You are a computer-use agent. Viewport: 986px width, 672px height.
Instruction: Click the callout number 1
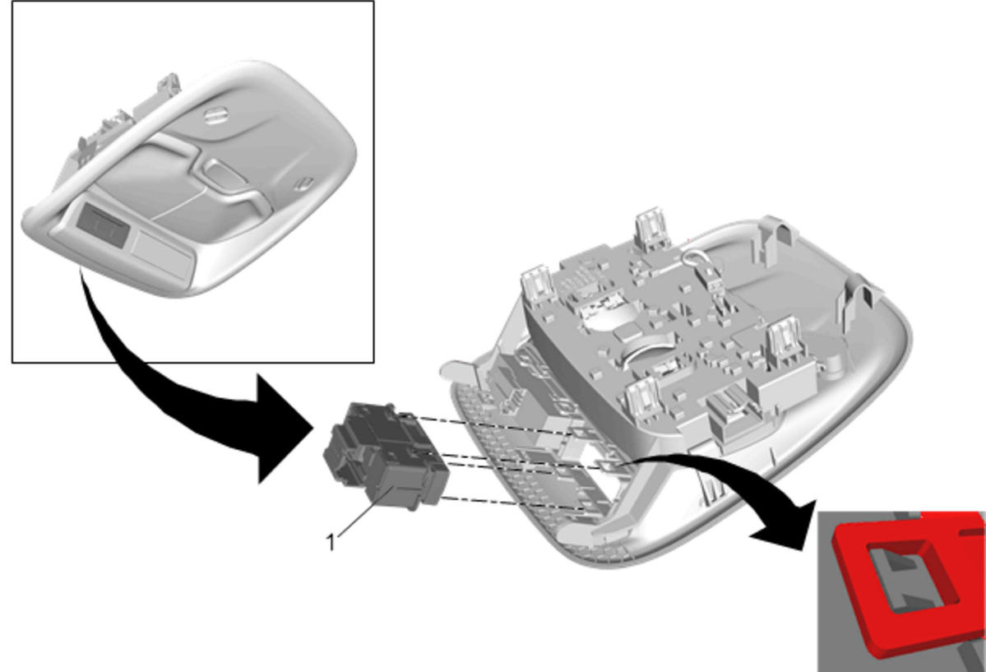click(331, 541)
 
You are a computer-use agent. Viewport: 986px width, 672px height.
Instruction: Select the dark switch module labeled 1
click(386, 455)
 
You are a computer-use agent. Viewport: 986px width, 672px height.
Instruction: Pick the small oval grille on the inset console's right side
click(304, 183)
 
